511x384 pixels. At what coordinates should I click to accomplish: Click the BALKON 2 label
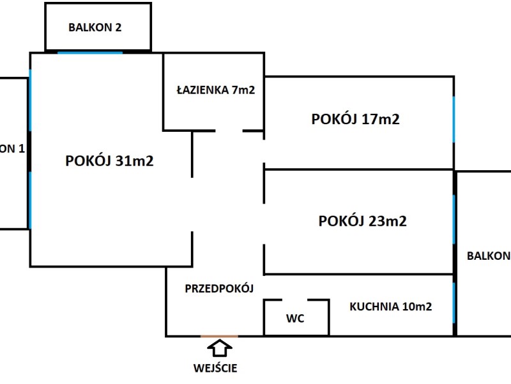95,28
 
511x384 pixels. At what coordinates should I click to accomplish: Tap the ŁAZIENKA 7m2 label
216,90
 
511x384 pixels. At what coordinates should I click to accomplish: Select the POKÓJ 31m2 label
109,161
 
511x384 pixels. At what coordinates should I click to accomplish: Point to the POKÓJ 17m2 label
356,119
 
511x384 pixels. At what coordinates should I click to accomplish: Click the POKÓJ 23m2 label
362,221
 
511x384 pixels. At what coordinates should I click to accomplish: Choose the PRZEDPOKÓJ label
219,289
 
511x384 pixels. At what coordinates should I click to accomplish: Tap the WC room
296,317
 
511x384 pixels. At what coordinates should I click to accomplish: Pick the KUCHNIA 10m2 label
391,307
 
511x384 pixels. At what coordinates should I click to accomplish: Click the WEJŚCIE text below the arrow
215,368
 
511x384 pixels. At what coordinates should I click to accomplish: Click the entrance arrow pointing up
220,348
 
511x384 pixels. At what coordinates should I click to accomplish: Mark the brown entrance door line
219,336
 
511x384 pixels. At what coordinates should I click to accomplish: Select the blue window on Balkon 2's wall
90,52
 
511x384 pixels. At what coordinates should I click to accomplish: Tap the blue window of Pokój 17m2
454,119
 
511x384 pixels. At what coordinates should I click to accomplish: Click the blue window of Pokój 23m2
454,219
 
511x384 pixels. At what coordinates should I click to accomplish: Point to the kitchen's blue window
454,303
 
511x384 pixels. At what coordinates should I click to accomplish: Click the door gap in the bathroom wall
229,131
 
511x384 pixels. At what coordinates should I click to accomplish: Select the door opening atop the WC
295,300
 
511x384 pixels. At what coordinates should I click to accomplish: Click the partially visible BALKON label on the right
489,255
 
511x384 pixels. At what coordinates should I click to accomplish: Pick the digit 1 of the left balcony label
22,149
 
